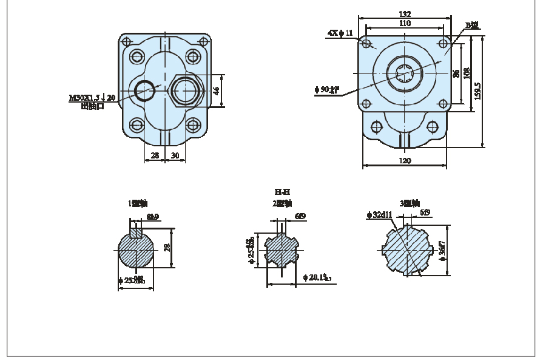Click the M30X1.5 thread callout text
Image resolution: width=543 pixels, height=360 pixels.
pos(92,97)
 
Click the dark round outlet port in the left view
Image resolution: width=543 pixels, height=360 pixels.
pos(146,90)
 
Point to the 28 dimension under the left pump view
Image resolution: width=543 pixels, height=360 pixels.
pos(155,155)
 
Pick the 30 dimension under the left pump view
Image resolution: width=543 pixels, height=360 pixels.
pos(175,155)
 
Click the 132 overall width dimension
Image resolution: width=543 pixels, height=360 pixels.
pos(405,14)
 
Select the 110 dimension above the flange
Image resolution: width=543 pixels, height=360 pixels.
pos(405,23)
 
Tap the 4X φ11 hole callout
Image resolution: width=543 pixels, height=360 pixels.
pos(340,33)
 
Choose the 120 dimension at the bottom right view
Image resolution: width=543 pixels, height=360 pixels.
pos(405,161)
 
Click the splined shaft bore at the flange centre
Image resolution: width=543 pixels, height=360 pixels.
pos(405,73)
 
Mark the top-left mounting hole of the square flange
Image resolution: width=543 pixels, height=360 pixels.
pos(366,44)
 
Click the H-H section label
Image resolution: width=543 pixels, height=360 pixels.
pos(282,192)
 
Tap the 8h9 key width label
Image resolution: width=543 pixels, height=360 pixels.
pos(152,217)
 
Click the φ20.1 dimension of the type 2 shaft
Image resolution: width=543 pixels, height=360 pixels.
pos(317,277)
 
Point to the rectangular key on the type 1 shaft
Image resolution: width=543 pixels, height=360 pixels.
pos(137,231)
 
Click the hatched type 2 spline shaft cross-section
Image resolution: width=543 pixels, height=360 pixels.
pos(280,250)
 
